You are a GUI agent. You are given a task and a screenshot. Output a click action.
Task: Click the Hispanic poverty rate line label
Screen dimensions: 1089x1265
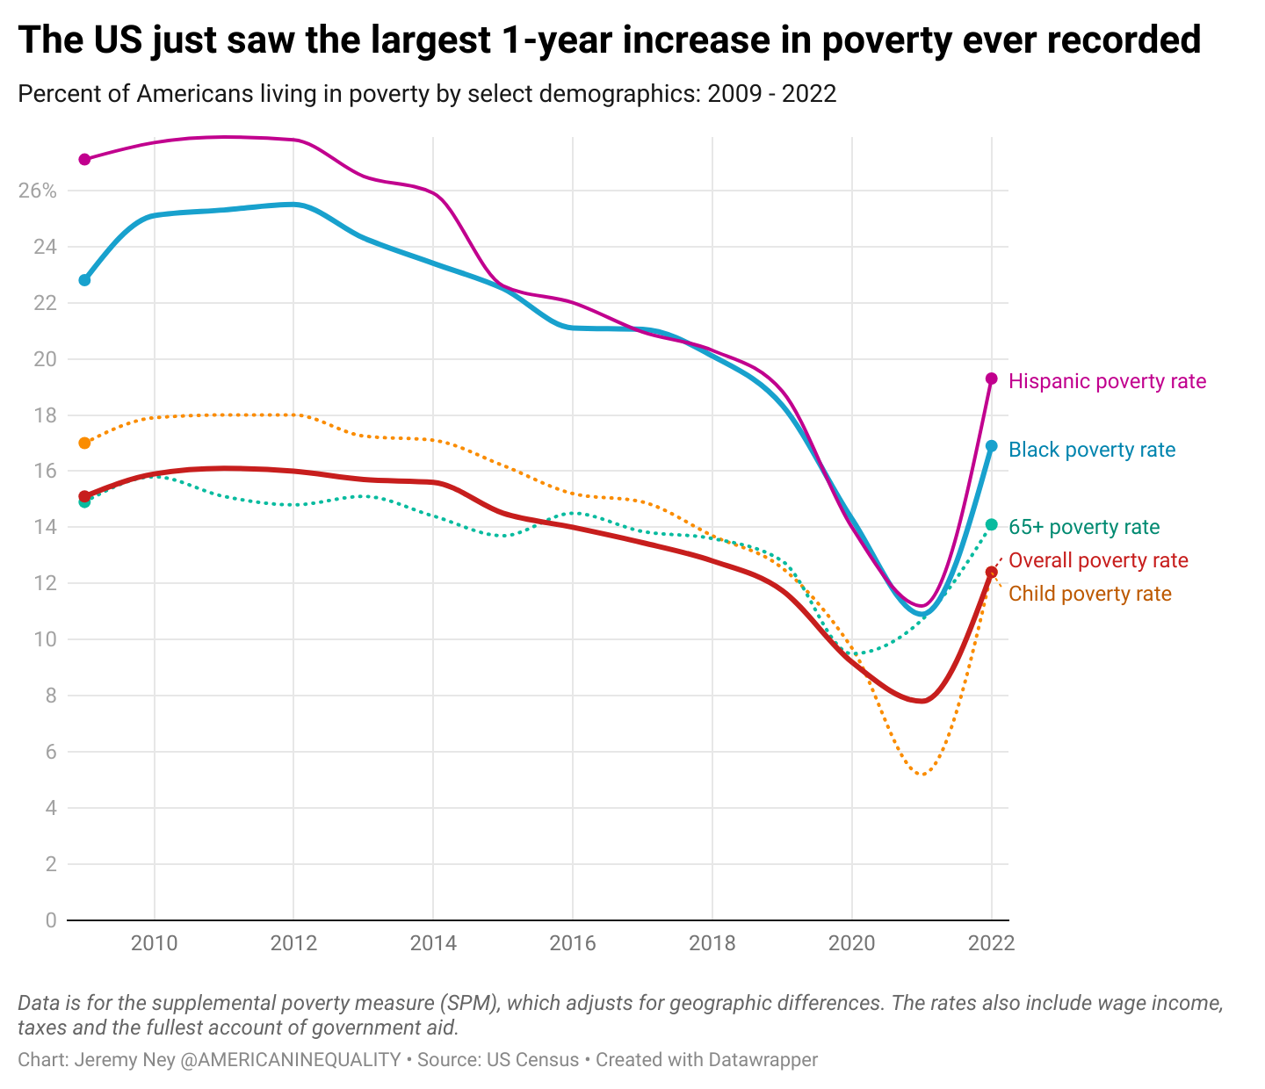click(x=1107, y=381)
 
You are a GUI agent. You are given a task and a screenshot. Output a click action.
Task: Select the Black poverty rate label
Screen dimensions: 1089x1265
click(x=1091, y=450)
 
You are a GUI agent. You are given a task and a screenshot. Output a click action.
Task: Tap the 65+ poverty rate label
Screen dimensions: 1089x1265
click(x=1083, y=527)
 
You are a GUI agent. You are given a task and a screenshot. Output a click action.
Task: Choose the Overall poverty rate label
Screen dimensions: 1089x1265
click(x=1097, y=560)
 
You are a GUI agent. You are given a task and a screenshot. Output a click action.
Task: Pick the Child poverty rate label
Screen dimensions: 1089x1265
click(x=1089, y=594)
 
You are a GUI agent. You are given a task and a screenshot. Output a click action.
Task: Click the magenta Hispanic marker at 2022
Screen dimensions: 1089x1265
click(x=992, y=379)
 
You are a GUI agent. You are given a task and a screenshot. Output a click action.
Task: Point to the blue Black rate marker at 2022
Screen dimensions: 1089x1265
click(x=992, y=446)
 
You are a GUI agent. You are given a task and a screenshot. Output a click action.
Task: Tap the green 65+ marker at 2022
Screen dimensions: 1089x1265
click(x=992, y=525)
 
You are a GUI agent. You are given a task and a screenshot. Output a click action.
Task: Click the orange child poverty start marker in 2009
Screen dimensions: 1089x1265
click(x=84, y=444)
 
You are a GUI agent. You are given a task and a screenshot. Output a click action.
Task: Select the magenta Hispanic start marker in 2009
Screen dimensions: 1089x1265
click(x=84, y=160)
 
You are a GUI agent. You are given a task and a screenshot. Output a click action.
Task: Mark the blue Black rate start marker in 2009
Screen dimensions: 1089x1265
click(x=84, y=280)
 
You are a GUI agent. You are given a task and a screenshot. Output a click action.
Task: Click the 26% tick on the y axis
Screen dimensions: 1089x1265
click(x=37, y=191)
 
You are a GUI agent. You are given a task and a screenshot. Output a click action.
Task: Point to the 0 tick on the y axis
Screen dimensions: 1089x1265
click(x=50, y=920)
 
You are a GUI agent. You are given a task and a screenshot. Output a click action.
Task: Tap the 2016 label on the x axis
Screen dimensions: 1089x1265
click(x=573, y=944)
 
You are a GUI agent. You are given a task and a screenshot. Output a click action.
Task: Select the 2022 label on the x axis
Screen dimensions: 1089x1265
click(x=992, y=944)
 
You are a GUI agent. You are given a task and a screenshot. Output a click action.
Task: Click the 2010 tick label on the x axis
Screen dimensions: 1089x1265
click(x=155, y=944)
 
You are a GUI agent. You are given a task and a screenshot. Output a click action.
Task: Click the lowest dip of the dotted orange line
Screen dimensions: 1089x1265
click(x=922, y=775)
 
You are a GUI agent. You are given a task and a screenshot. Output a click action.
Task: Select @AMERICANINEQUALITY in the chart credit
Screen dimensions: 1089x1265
click(x=290, y=1060)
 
